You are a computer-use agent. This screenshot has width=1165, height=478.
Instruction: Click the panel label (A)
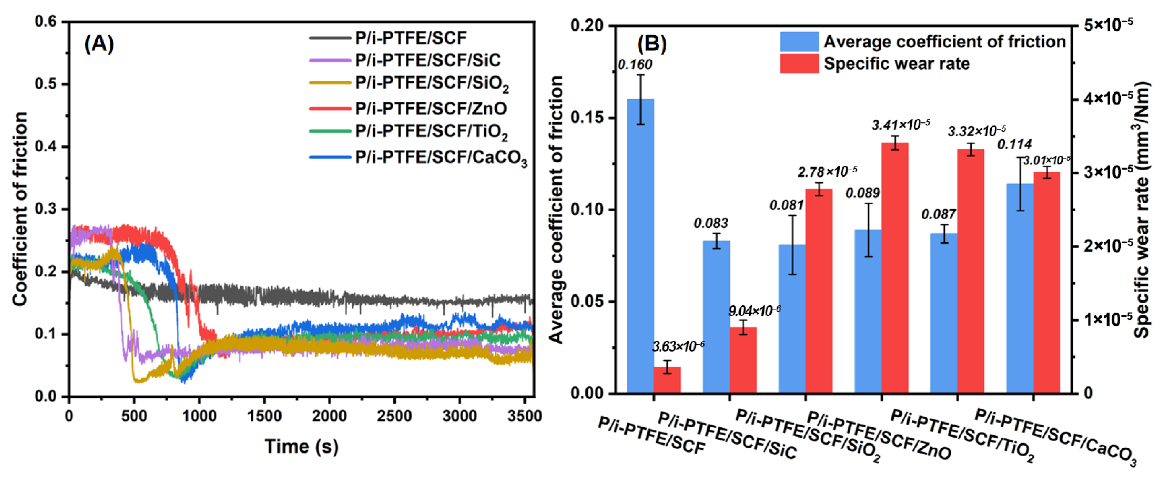pos(99,44)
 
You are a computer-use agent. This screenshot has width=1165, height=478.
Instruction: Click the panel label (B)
pos(652,44)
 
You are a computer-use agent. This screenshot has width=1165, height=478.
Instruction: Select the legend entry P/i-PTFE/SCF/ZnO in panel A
pos(430,109)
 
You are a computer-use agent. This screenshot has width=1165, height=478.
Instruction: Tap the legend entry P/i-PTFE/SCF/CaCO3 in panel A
pos(440,158)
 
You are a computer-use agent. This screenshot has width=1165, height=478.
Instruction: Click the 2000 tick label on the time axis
pos(329,416)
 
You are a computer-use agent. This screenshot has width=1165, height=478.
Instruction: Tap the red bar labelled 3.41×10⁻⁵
pos(895,267)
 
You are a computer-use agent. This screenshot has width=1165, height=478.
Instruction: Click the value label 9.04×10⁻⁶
pos(754,311)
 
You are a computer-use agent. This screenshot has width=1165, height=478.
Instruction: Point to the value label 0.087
pos(938,215)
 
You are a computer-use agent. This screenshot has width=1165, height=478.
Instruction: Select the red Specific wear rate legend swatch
pos(799,64)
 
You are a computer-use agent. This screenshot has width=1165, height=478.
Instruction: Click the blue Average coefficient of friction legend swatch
pos(799,42)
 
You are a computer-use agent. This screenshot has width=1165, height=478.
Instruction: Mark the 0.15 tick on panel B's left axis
pos(587,118)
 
